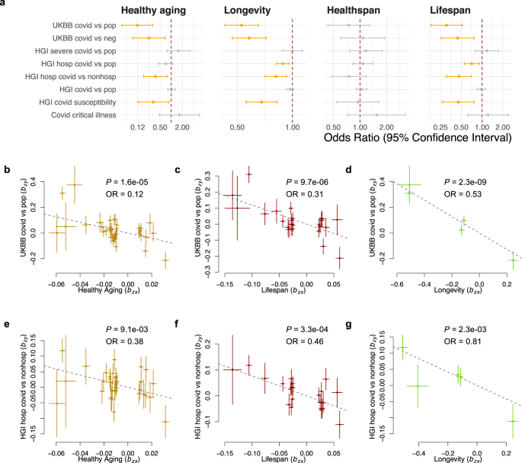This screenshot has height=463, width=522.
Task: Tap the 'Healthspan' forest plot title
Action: tap(357, 11)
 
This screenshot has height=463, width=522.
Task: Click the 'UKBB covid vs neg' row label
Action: tap(84, 37)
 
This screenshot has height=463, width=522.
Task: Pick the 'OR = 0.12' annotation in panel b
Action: tap(120, 190)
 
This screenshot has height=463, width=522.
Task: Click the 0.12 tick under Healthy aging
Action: tap(138, 126)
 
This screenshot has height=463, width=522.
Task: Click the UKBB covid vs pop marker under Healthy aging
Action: tap(137, 24)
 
